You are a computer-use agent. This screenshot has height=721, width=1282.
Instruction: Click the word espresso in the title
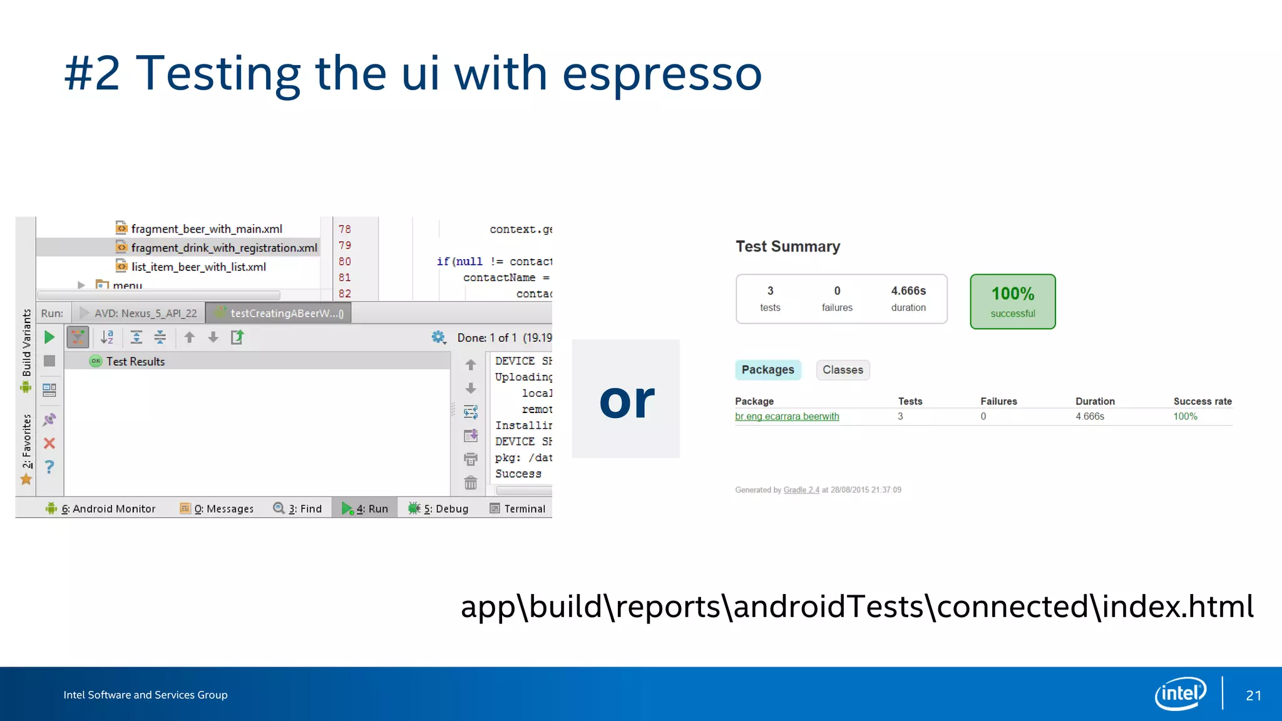tap(662, 74)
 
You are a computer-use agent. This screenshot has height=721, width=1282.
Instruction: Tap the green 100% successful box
tap(1012, 302)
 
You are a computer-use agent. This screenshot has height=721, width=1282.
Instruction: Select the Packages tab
tap(767, 370)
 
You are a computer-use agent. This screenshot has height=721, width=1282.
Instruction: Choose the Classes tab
tap(843, 370)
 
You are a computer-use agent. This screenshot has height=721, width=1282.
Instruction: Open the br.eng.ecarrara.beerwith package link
tap(787, 416)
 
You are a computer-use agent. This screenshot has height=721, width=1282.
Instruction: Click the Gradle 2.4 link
tap(801, 490)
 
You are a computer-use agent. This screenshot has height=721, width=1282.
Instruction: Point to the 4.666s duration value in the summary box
tap(908, 291)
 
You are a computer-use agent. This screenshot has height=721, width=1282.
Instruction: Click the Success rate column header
tap(1202, 401)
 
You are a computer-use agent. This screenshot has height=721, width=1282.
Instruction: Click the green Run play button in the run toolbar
tap(49, 337)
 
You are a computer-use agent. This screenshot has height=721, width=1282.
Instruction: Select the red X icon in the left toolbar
tap(49, 443)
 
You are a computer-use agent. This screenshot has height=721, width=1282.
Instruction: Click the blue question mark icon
tap(49, 467)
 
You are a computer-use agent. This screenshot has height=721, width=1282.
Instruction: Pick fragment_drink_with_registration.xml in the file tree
tap(223, 248)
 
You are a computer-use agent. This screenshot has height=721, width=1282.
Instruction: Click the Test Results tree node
tap(135, 362)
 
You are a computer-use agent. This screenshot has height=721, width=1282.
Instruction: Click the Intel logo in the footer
tap(1180, 693)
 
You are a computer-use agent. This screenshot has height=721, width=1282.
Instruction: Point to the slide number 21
tap(1253, 695)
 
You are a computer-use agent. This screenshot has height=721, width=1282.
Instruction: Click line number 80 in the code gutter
tap(344, 262)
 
